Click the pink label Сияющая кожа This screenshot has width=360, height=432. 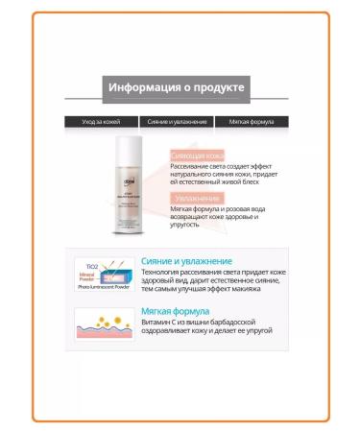tap(198, 155)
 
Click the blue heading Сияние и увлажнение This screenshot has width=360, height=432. tap(186, 260)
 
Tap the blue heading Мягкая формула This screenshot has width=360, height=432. tap(176, 312)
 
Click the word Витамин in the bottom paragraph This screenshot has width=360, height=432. tap(156, 324)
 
